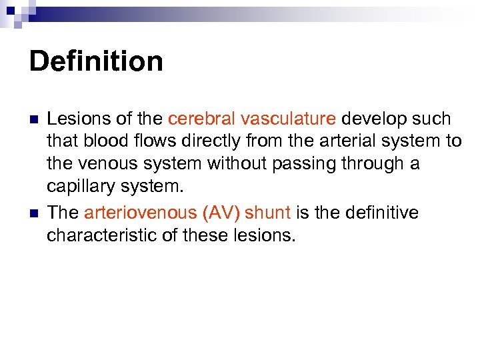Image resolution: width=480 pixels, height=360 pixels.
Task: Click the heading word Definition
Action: [x=96, y=62]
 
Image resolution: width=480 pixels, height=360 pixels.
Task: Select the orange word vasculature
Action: [x=288, y=119]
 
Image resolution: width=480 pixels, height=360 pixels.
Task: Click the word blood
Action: [x=102, y=141]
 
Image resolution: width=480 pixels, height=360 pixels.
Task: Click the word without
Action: [x=233, y=163]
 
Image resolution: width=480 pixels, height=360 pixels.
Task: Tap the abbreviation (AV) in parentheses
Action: [x=217, y=213]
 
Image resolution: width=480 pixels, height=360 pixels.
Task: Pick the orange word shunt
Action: [x=268, y=213]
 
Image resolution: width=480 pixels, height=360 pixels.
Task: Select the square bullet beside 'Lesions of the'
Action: [x=33, y=120]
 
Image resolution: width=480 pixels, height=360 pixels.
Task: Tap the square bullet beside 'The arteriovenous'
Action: [x=33, y=213]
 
